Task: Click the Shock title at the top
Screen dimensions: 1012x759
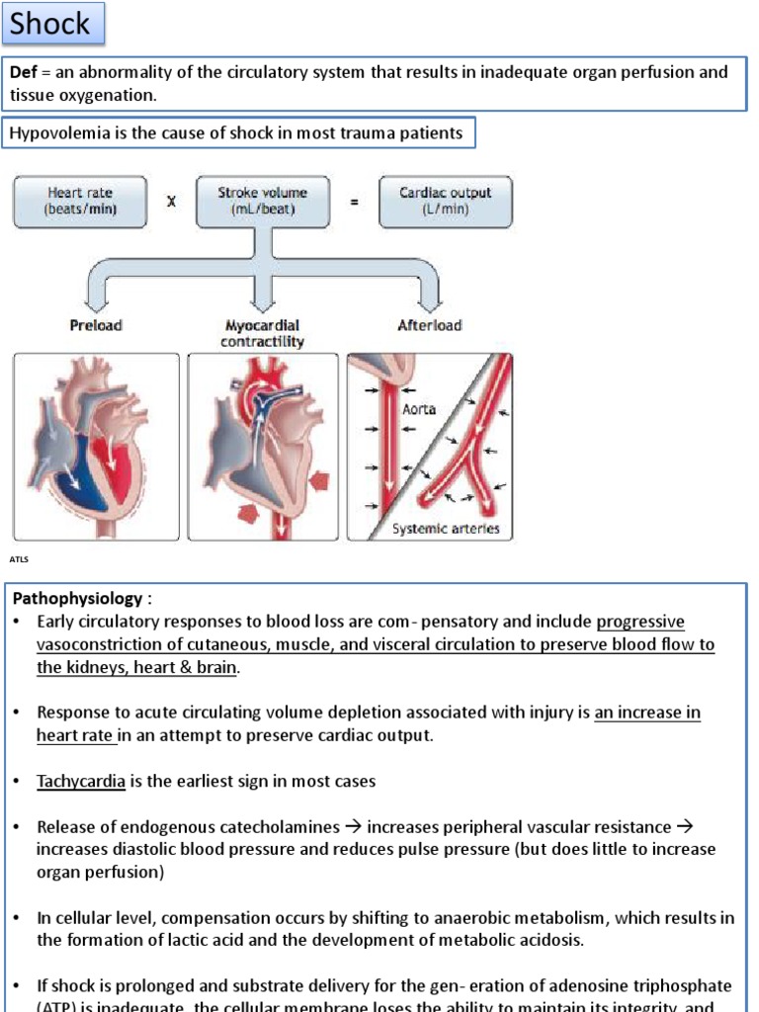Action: click(x=50, y=24)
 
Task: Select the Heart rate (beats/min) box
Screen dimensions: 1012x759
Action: click(x=79, y=201)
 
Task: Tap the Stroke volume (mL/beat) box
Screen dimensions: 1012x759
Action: click(x=262, y=201)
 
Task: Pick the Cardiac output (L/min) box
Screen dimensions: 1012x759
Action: click(x=445, y=201)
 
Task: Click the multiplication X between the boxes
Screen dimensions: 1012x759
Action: click(x=171, y=201)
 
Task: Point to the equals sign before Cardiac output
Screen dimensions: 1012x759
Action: click(x=354, y=201)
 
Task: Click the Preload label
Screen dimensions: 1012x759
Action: click(x=95, y=325)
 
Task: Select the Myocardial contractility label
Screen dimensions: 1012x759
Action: click(x=262, y=333)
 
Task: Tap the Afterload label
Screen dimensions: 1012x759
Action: click(x=429, y=325)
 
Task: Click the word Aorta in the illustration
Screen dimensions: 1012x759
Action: click(x=419, y=409)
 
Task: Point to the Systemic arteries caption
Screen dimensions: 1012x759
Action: click(x=446, y=529)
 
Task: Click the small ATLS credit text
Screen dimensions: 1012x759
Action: click(x=20, y=560)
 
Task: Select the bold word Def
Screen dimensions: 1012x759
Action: click(x=23, y=73)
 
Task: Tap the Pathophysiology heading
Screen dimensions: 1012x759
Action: click(x=77, y=599)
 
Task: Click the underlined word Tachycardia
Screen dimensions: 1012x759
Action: click(x=81, y=782)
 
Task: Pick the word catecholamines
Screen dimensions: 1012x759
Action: click(x=281, y=827)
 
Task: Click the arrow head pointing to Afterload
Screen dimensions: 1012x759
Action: click(x=430, y=298)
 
